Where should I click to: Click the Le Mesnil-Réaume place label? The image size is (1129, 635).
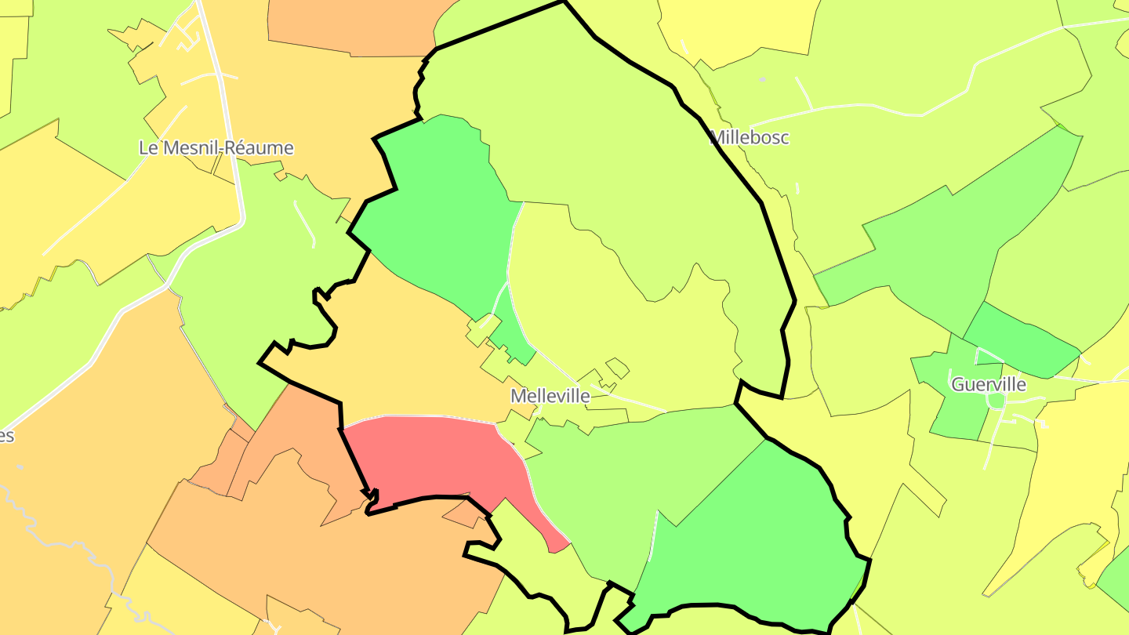216,147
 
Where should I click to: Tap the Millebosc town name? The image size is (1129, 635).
749,138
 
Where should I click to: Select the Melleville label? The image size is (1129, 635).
550,396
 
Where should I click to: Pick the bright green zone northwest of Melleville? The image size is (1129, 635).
439,204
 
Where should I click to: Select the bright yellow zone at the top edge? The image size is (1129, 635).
737,27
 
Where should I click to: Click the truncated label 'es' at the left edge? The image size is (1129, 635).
6,436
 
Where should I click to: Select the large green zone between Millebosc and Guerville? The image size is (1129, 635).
941,251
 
